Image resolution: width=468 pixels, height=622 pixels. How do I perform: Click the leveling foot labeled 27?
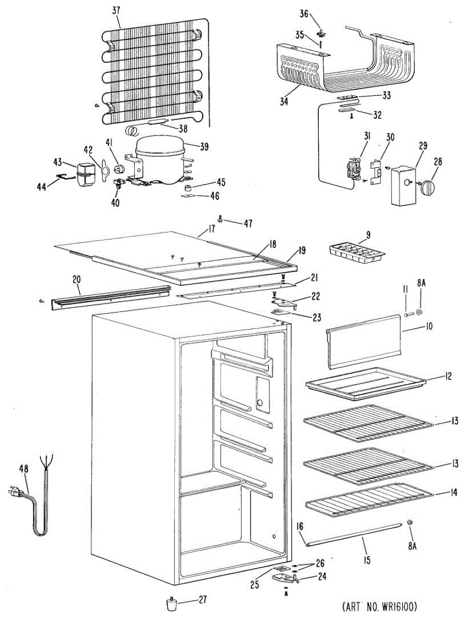171,604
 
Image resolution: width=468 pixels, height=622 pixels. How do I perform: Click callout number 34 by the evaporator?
284,102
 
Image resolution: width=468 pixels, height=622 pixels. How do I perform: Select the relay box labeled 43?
83,173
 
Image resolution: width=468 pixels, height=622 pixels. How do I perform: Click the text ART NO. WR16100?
379,606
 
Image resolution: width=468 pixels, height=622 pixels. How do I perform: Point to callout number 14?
454,493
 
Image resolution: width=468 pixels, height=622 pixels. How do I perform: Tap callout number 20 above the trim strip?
76,279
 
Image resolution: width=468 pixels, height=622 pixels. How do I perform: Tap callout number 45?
221,182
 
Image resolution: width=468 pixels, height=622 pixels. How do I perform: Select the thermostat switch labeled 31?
353,169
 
